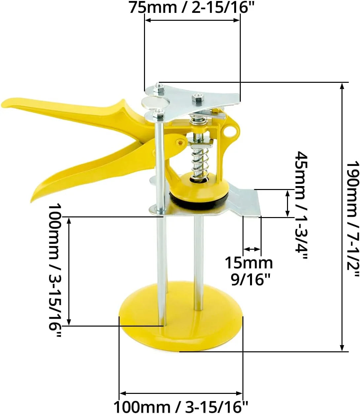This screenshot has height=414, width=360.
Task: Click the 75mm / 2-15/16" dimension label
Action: tap(192, 7)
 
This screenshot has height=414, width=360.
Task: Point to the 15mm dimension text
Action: tap(249, 263)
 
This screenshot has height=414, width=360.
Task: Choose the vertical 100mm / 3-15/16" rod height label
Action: tap(55, 271)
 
